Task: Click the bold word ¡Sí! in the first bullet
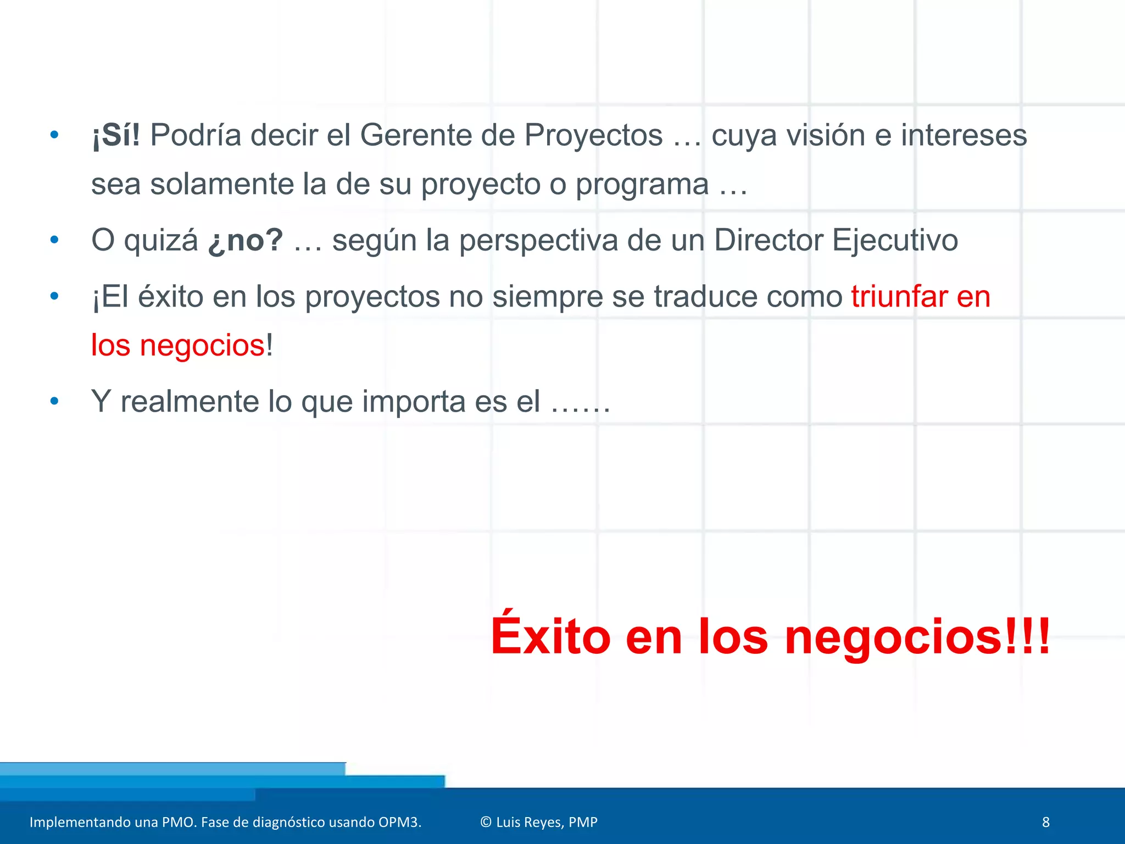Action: coord(116,135)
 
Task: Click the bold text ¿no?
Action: coord(246,241)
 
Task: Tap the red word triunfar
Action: coord(899,297)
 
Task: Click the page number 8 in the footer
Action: coord(1045,822)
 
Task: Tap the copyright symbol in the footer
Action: coord(486,822)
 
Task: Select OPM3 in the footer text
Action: coord(399,822)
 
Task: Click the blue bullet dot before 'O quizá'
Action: coord(54,240)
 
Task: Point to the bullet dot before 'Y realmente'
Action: coord(54,401)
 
